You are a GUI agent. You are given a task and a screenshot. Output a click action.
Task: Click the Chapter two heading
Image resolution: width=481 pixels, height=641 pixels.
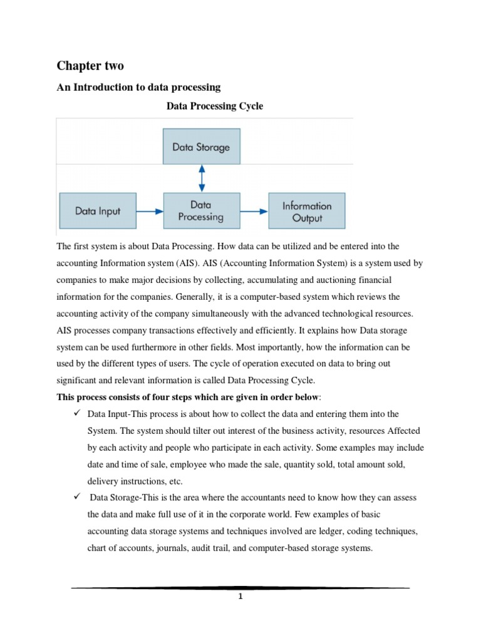tap(91, 66)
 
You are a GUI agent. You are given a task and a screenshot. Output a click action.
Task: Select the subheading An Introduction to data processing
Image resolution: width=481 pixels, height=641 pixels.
tap(138, 87)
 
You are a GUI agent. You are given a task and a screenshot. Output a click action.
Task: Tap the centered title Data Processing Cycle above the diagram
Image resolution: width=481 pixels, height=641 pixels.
tap(215, 106)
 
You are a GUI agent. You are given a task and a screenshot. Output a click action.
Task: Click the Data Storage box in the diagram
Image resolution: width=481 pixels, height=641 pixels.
tap(201, 147)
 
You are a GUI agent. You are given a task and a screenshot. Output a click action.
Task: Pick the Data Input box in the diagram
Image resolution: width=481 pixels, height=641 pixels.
tap(98, 211)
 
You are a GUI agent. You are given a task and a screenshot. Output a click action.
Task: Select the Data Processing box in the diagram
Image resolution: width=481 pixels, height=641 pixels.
tap(201, 211)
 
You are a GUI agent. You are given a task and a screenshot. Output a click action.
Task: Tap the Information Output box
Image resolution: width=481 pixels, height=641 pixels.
tap(307, 211)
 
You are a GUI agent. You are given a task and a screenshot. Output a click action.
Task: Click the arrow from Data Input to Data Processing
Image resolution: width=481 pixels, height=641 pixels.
tap(150, 211)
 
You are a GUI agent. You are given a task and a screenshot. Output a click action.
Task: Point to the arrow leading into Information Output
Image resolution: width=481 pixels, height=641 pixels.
tap(254, 211)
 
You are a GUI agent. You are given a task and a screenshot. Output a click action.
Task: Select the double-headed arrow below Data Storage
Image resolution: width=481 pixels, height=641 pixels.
tap(201, 178)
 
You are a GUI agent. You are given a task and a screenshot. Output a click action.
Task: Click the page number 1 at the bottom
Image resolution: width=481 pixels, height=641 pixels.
tap(240, 596)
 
